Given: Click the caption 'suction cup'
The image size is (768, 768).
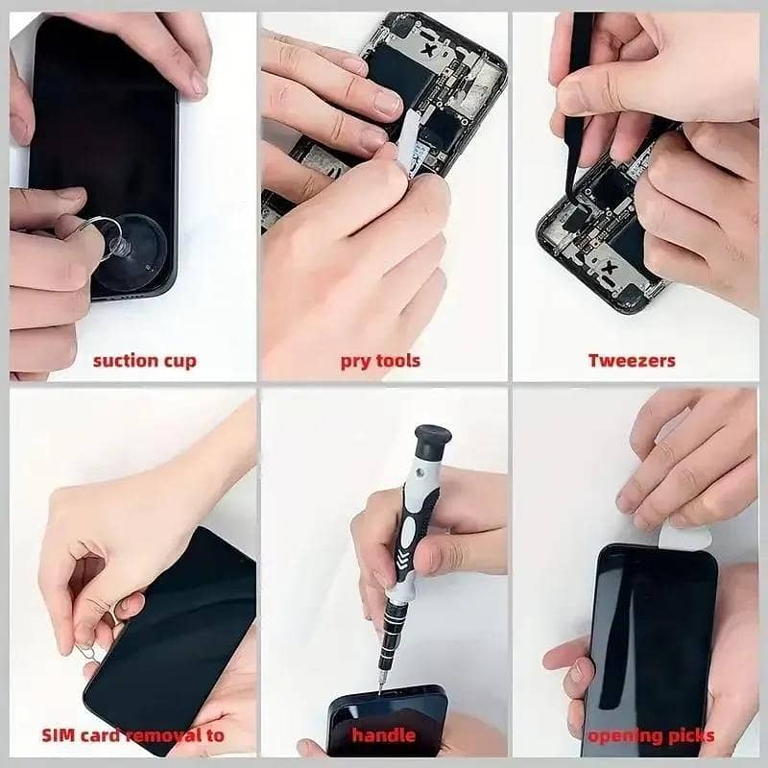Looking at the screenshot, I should pyautogui.click(x=144, y=361).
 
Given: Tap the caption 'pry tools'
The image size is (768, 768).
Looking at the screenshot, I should pyautogui.click(x=380, y=361).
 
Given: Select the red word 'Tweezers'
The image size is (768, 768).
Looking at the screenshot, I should pyautogui.click(x=632, y=361).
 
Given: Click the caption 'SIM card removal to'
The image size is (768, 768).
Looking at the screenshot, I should pyautogui.click(x=132, y=736).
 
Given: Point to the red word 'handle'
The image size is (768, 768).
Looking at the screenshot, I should pyautogui.click(x=383, y=736).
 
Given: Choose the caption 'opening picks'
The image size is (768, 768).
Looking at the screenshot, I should pyautogui.click(x=651, y=736).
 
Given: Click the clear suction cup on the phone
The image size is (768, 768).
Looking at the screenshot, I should pyautogui.click(x=131, y=255).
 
